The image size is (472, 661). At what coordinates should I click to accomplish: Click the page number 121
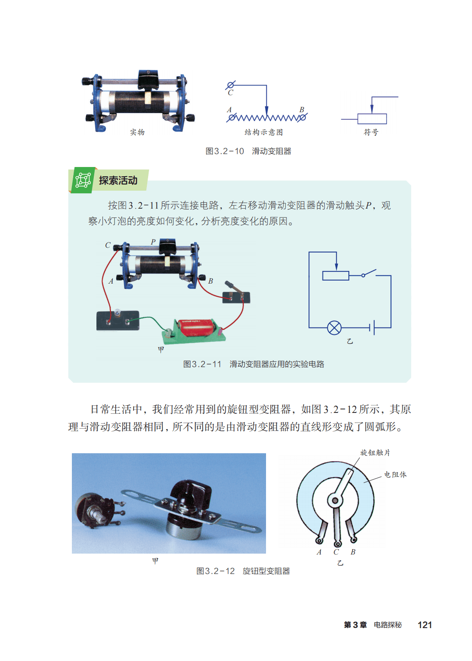click(x=425, y=625)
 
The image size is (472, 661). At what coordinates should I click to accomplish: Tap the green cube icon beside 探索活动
click(x=83, y=180)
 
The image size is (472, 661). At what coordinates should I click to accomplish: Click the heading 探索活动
click(x=118, y=180)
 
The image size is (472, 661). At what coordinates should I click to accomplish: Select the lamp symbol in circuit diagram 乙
click(x=334, y=327)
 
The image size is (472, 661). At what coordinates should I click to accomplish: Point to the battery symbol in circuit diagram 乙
click(x=372, y=327)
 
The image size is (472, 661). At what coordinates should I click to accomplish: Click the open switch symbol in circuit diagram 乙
click(x=369, y=273)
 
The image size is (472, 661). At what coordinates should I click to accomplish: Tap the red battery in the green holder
click(x=197, y=327)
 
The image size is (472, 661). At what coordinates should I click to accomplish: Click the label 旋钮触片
click(x=375, y=453)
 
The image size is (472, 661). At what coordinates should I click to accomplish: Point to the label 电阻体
click(x=395, y=475)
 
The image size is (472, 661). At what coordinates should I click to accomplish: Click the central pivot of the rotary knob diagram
click(x=335, y=501)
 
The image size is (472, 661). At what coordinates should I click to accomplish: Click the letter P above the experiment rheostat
click(x=153, y=242)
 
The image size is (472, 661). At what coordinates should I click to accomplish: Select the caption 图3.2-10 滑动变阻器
click(x=248, y=151)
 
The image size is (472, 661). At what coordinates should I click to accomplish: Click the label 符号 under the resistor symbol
click(x=371, y=132)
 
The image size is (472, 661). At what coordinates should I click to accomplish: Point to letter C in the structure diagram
click(x=231, y=92)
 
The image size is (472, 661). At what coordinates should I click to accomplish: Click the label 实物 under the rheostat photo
click(x=137, y=132)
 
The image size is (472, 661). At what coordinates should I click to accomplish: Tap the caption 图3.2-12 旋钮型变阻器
click(x=243, y=571)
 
